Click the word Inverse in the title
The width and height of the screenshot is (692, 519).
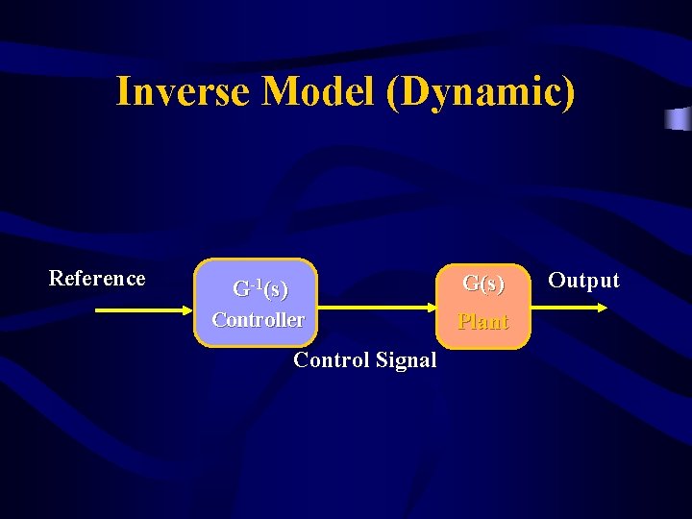[x=184, y=92]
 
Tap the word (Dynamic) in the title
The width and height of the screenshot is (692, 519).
[x=482, y=92]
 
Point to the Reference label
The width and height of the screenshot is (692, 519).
[x=97, y=279]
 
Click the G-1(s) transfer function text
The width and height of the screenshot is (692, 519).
[x=260, y=288]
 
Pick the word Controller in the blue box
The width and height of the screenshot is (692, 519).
[x=258, y=320]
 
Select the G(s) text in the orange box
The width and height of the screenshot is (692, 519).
[x=483, y=284]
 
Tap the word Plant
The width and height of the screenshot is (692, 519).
[x=483, y=322]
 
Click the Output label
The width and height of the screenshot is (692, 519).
[x=583, y=281]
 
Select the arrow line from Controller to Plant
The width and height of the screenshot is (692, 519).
[x=370, y=309]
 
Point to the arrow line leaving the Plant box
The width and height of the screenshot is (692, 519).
[x=562, y=309]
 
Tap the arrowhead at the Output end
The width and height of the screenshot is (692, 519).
[x=603, y=309]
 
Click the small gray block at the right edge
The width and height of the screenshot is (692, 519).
[x=679, y=119]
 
